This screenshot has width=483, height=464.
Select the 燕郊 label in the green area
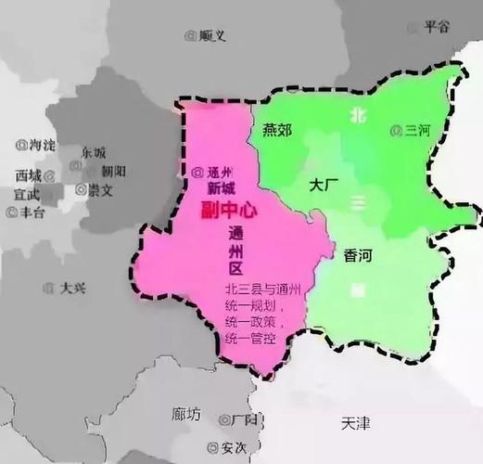(276, 130)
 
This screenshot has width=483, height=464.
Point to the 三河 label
(421, 130)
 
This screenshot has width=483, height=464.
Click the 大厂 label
(324, 186)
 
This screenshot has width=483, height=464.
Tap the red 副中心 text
(228, 211)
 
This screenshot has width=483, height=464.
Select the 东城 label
(93, 152)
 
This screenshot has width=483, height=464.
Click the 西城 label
(29, 174)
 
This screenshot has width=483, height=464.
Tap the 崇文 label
(100, 189)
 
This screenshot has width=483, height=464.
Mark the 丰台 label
(32, 212)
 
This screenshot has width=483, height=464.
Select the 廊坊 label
(186, 414)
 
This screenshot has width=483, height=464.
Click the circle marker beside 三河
(398, 130)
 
